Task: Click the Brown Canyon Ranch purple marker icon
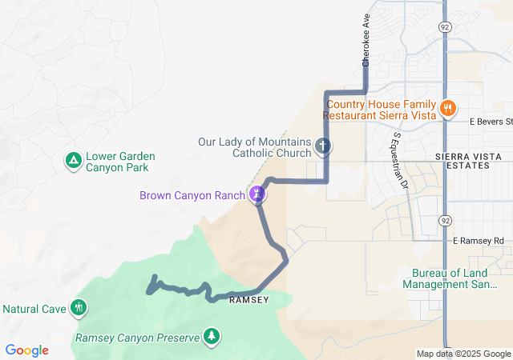click(257, 193)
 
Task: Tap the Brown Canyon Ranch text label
click(193, 194)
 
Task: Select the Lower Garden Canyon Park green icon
click(73, 162)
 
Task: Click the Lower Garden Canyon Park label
click(119, 162)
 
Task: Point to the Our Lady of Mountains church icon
click(323, 146)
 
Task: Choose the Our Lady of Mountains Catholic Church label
click(255, 146)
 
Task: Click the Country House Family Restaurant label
click(381, 110)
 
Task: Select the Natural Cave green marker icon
click(78, 307)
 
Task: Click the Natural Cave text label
click(34, 308)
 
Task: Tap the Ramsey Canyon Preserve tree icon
click(212, 336)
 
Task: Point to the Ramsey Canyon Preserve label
click(136, 338)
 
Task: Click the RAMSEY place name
click(248, 300)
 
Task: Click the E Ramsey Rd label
click(478, 240)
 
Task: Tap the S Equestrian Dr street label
click(398, 162)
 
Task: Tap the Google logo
click(26, 350)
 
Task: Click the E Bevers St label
click(491, 122)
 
